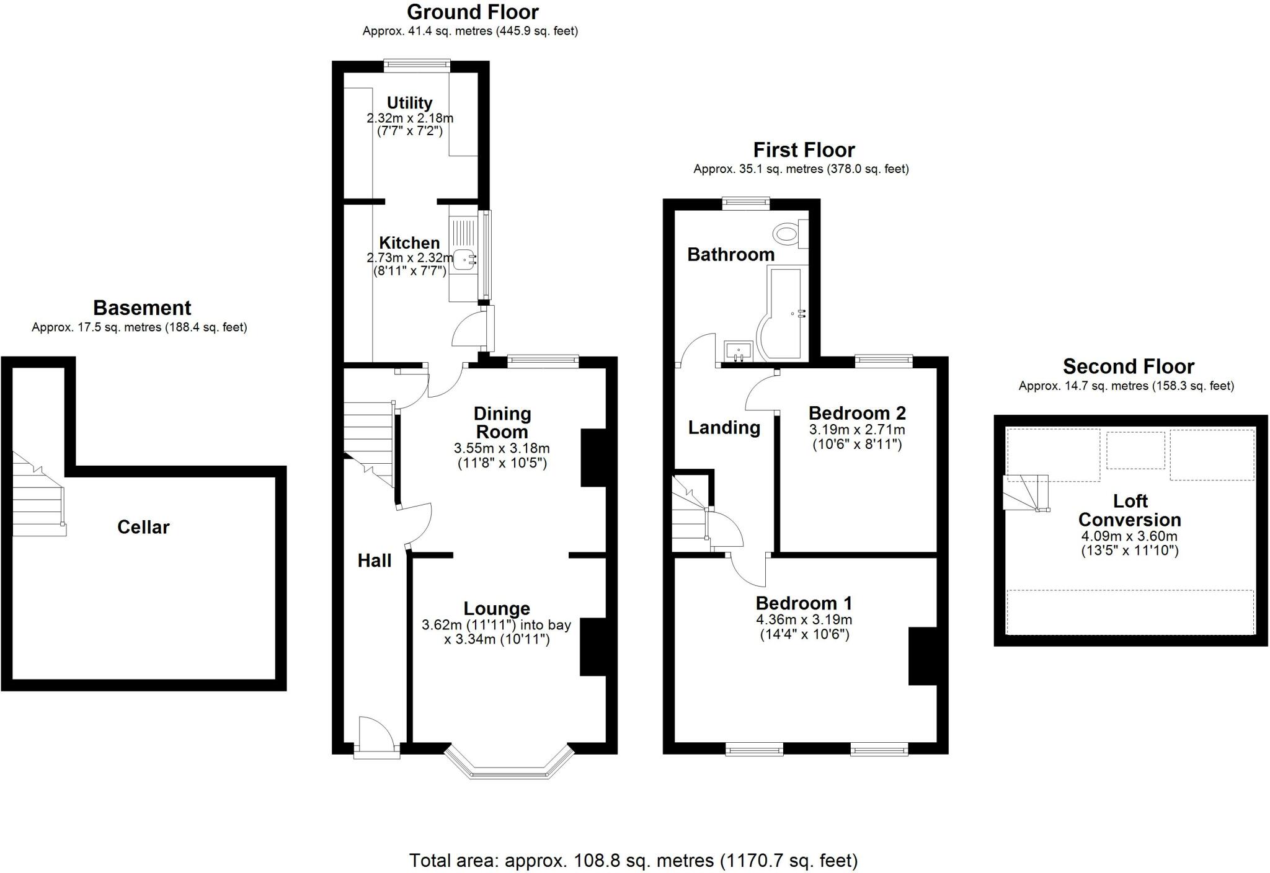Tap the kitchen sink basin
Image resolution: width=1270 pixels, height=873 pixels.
(x=463, y=259)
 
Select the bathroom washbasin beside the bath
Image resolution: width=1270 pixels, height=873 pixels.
(x=738, y=351)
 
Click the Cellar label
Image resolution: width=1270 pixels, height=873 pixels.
(x=143, y=527)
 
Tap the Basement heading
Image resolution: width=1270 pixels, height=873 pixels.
(x=142, y=308)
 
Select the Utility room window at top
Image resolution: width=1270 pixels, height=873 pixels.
(x=417, y=63)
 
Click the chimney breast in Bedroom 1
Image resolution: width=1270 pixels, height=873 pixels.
(x=922, y=656)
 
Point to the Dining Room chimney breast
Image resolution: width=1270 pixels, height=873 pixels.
(x=593, y=458)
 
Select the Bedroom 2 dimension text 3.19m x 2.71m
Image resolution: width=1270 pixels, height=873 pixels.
(x=856, y=430)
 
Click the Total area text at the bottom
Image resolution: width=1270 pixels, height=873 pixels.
(x=633, y=861)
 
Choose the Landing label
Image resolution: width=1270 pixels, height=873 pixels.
(x=724, y=427)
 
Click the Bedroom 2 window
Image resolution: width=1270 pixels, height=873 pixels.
(x=884, y=360)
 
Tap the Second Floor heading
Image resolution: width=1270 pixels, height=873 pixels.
(x=1128, y=366)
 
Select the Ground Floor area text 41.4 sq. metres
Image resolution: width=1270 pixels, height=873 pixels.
(x=470, y=31)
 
